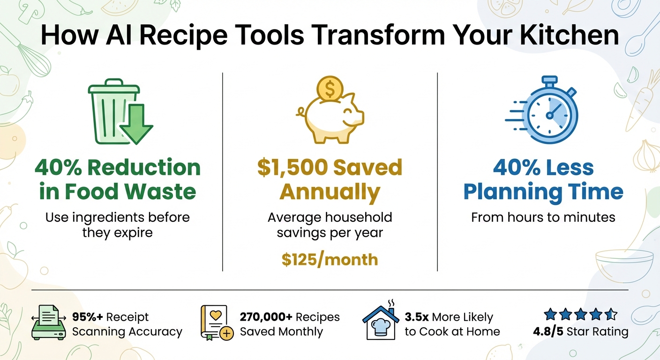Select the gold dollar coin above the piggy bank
tap(330, 88)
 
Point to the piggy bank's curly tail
tap(301, 112)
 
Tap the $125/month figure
tap(330, 259)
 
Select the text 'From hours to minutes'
tap(543, 217)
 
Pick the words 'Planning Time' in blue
tap(543, 192)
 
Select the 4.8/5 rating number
tap(548, 332)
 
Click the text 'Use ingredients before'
tap(117, 217)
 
